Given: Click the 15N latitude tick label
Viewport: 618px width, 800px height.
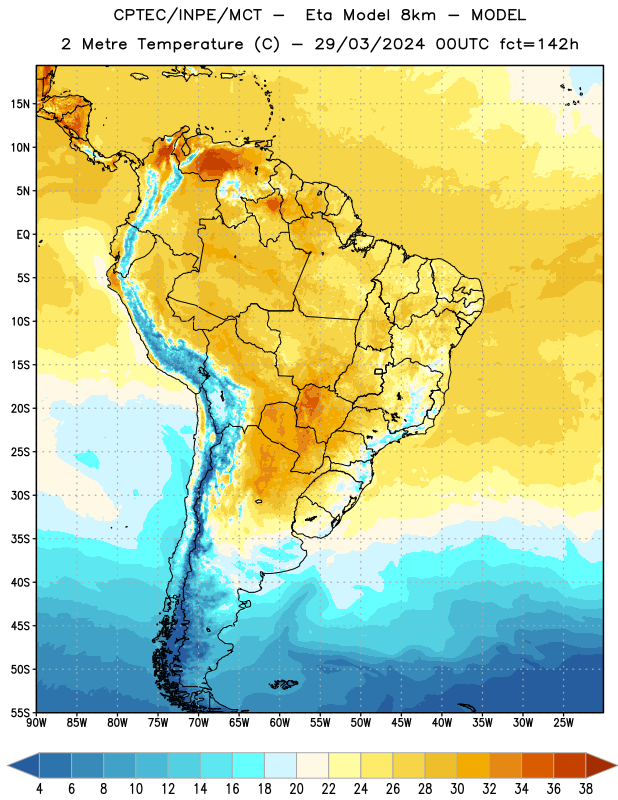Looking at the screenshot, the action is click(20, 104).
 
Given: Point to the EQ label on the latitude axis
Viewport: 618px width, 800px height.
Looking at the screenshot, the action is click(23, 235).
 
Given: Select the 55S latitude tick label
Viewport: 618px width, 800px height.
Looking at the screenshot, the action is click(20, 712).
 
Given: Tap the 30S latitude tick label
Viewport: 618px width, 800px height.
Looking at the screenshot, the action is click(20, 495).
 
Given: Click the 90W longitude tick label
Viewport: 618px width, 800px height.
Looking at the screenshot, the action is click(36, 722).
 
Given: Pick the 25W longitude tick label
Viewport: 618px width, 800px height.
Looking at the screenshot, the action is click(563, 722).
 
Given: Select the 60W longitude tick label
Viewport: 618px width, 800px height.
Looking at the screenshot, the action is click(280, 722).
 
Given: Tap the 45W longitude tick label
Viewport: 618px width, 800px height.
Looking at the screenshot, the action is click(401, 722).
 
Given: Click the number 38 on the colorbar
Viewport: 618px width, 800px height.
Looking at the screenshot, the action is click(585, 789).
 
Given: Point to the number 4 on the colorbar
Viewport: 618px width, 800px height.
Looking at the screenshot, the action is click(39, 789).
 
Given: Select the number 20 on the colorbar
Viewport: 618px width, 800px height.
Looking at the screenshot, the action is click(296, 789).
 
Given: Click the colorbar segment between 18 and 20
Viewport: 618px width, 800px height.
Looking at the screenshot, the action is click(280, 765).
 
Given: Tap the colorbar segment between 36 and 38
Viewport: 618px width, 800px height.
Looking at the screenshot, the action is click(570, 765).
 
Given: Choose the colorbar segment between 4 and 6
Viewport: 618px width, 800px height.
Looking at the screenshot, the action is click(55, 765).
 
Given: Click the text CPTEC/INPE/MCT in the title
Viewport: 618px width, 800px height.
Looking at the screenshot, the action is click(188, 15).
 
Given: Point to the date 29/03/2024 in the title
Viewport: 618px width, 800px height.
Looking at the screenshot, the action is click(369, 44).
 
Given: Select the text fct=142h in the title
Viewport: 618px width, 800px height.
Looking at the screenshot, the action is click(539, 44).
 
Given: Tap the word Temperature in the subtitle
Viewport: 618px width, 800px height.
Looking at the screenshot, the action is click(190, 44).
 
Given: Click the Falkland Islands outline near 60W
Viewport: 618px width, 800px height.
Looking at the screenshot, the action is click(284, 684).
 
